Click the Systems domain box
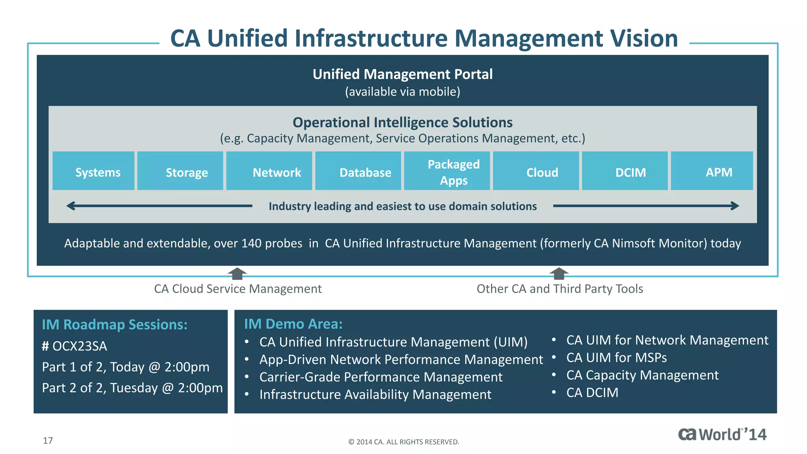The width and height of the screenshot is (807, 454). click(93, 171)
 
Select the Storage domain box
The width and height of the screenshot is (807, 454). click(180, 171)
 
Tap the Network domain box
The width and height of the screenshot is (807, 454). click(269, 171)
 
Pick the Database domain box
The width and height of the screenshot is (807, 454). click(358, 171)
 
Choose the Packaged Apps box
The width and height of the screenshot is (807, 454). click(447, 171)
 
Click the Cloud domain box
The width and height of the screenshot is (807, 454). click(536, 171)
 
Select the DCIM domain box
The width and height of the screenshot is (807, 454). click(625, 171)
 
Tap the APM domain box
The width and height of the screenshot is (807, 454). click(712, 171)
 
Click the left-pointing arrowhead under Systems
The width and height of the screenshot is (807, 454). click(71, 206)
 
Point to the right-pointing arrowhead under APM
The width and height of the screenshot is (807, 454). click(734, 206)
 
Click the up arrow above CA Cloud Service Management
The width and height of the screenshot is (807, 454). click(237, 273)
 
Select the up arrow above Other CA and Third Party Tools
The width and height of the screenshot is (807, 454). click(559, 273)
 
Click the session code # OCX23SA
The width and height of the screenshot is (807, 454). click(74, 346)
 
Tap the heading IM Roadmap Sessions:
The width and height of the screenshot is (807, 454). click(115, 324)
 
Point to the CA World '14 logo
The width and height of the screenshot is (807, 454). click(722, 434)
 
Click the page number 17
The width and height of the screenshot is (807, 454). click(48, 441)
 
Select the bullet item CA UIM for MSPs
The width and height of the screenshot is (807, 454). click(616, 357)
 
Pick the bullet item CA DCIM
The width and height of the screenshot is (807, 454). click(592, 393)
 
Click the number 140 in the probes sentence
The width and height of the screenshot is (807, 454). click(251, 243)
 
